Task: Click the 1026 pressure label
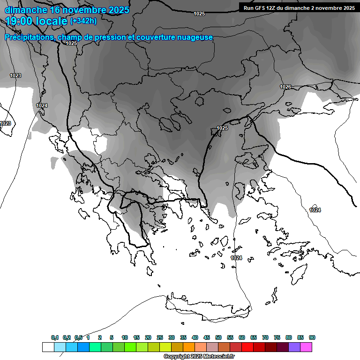click(285, 87)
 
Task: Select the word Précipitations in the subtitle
click(29, 37)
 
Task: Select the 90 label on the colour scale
click(312, 337)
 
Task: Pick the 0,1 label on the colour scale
click(55, 337)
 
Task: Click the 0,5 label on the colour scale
click(78, 337)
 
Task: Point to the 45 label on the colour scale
click(207, 337)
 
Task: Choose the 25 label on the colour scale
click(160, 337)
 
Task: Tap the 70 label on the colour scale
click(265, 337)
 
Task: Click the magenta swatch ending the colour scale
click(306, 347)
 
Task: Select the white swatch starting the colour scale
click(48, 347)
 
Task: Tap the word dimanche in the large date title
click(25, 9)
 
